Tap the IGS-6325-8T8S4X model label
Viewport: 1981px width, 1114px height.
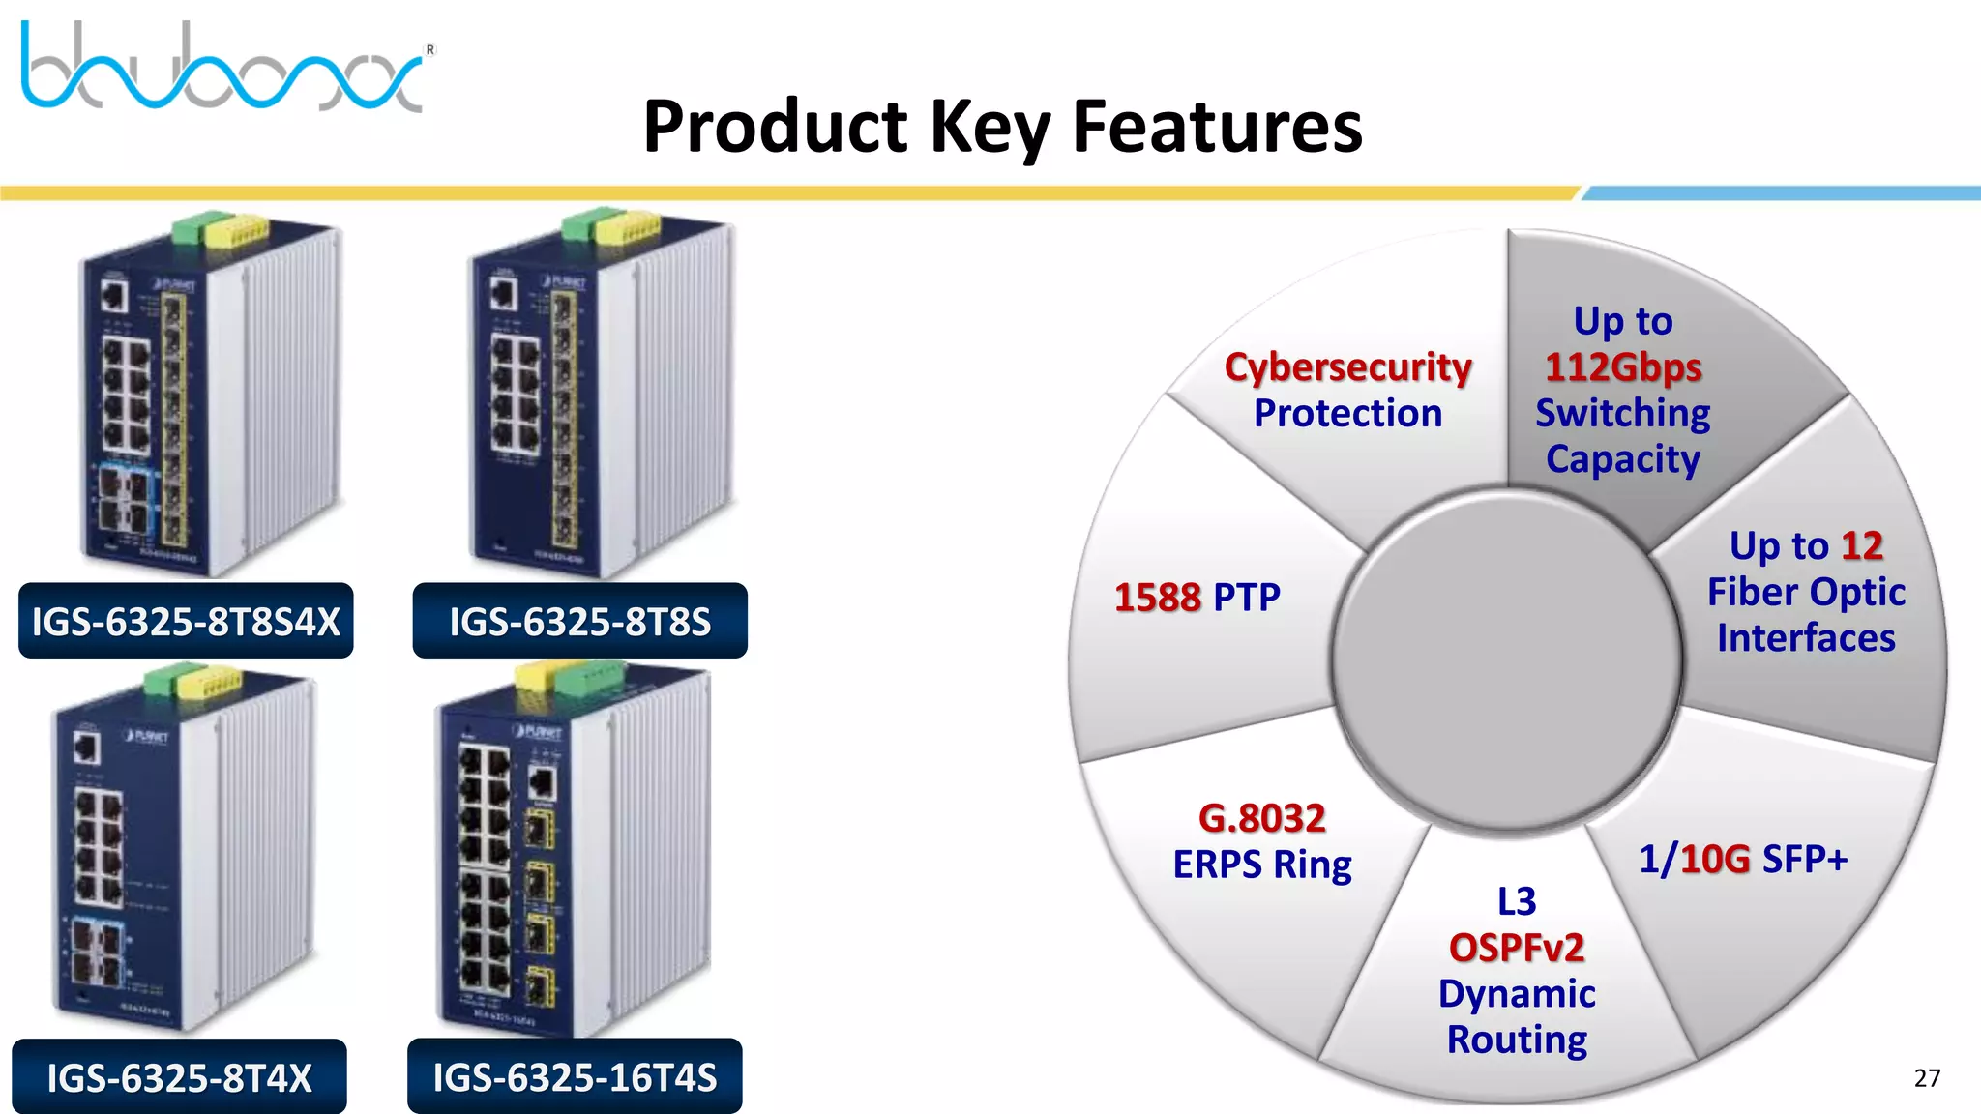186,622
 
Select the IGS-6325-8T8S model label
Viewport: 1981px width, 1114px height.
579,622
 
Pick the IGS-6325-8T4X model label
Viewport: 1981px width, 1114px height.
179,1077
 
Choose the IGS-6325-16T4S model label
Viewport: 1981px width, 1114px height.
575,1077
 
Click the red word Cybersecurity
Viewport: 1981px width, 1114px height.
1347,367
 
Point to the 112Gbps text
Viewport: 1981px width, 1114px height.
1623,367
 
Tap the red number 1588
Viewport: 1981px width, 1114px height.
1157,598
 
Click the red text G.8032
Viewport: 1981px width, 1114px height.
1261,819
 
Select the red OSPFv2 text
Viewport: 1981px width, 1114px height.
1516,948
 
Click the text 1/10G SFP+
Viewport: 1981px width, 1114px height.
1742,859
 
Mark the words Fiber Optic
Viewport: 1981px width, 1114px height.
1805,592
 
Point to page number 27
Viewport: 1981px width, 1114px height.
1926,1078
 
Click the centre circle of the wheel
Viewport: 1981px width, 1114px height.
1505,662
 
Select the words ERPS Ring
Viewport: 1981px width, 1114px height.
1261,865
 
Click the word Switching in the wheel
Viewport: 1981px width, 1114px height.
1622,414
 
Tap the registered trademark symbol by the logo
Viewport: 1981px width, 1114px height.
430,49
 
